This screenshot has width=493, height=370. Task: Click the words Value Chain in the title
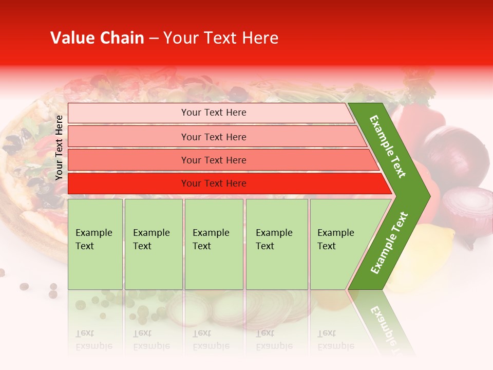(x=97, y=38)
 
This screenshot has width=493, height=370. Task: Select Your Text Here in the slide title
(x=220, y=38)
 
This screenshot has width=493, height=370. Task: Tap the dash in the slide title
(x=154, y=39)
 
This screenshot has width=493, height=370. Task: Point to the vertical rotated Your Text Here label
(x=59, y=147)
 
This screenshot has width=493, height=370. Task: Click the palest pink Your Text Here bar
(x=213, y=113)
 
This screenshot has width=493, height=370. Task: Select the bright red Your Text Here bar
(x=213, y=183)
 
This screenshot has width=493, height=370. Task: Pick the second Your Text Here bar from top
(x=213, y=137)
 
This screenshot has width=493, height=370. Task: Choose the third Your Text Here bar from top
(x=213, y=160)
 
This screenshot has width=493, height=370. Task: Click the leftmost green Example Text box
(x=95, y=244)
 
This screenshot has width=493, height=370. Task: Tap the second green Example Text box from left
(x=153, y=244)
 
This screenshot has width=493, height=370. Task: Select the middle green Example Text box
(x=214, y=244)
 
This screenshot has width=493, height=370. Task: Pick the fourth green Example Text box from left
(x=276, y=244)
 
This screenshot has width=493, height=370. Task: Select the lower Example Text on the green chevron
(x=389, y=243)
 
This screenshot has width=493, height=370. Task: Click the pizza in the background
(x=31, y=170)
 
